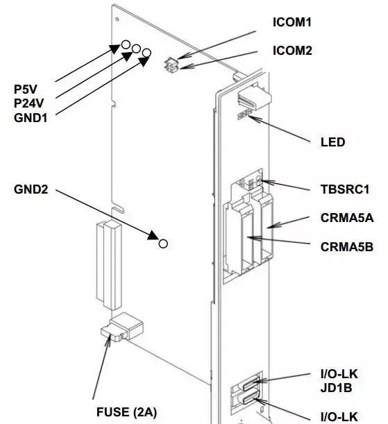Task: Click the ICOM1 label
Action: pyautogui.click(x=292, y=22)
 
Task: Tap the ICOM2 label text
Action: pyautogui.click(x=292, y=51)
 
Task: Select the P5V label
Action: pyautogui.click(x=26, y=90)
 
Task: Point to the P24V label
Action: pyautogui.click(x=28, y=103)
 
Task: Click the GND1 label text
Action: pyautogui.click(x=31, y=118)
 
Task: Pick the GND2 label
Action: pyautogui.click(x=31, y=189)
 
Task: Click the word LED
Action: pyautogui.click(x=332, y=142)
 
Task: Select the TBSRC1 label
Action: pyautogui.click(x=345, y=189)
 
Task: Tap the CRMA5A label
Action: pyautogui.click(x=347, y=218)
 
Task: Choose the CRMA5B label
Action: pyautogui.click(x=347, y=247)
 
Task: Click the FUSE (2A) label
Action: pyautogui.click(x=126, y=412)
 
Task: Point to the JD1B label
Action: pyautogui.click(x=336, y=388)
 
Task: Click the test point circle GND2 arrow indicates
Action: pyautogui.click(x=163, y=244)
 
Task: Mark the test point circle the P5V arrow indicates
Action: pyautogui.click(x=126, y=44)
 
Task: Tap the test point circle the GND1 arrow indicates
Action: pyautogui.click(x=146, y=53)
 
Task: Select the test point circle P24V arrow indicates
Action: pyautogui.click(x=136, y=49)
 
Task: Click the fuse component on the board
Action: pyautogui.click(x=122, y=327)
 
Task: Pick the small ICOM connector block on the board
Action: pyautogui.click(x=171, y=65)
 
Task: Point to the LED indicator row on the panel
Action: pyautogui.click(x=245, y=115)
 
